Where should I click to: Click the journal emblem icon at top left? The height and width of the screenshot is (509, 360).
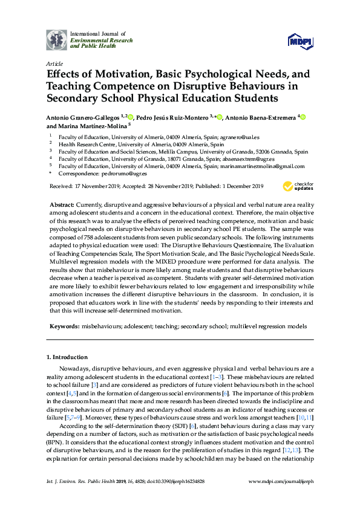pos(57,40)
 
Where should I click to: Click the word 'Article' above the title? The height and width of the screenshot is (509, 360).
pos(54,63)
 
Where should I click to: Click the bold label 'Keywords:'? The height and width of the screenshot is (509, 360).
pos(64,326)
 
